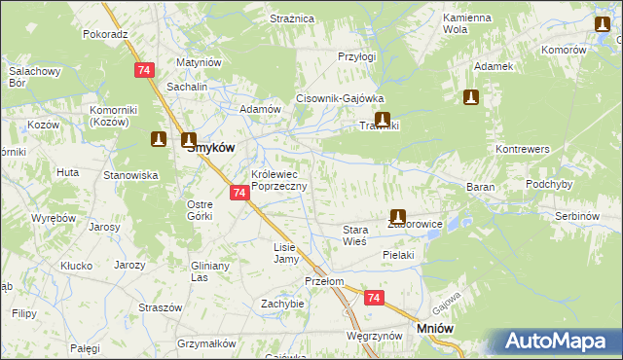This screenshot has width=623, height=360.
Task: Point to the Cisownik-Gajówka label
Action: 341,99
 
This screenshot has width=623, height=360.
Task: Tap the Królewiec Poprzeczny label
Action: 279,180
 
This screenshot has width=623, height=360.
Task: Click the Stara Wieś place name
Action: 354,235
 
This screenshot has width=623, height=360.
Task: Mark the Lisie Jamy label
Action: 284,253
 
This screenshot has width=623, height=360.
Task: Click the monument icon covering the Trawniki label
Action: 383,121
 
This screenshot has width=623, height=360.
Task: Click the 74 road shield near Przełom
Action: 374,298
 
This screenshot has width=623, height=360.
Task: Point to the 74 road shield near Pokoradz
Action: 144,70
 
